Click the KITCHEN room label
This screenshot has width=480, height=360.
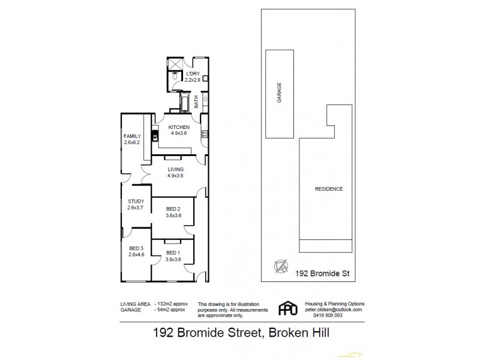179,128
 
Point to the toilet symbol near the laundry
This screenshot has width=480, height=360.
173,76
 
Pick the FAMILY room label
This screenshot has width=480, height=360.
131,136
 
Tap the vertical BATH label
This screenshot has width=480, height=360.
196,103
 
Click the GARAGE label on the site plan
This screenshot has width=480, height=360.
279,93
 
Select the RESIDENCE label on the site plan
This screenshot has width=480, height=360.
329,189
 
